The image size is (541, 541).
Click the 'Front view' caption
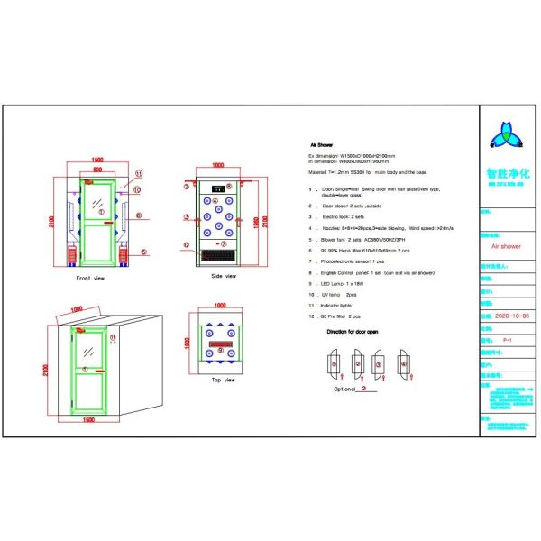click(92, 279)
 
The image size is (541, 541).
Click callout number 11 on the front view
click(138, 172)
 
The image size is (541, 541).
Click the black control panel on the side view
click(217, 189)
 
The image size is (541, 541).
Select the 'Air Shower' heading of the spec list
click(322, 144)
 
